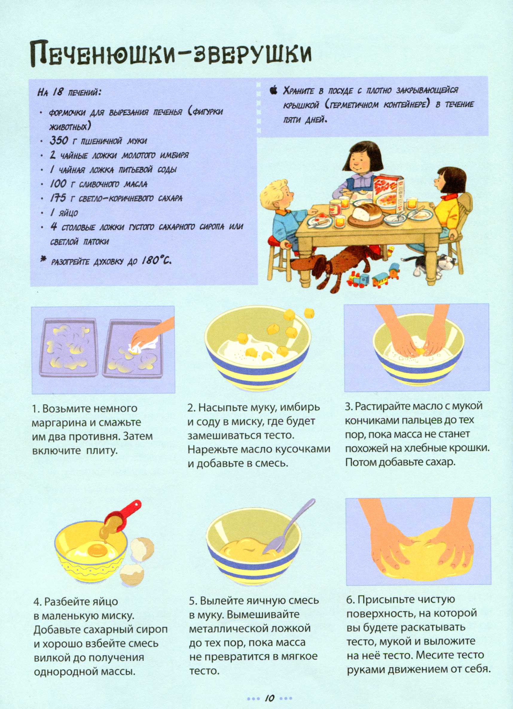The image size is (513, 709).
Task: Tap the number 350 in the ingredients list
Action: coord(58,141)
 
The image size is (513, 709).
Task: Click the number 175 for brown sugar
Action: coord(58,198)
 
